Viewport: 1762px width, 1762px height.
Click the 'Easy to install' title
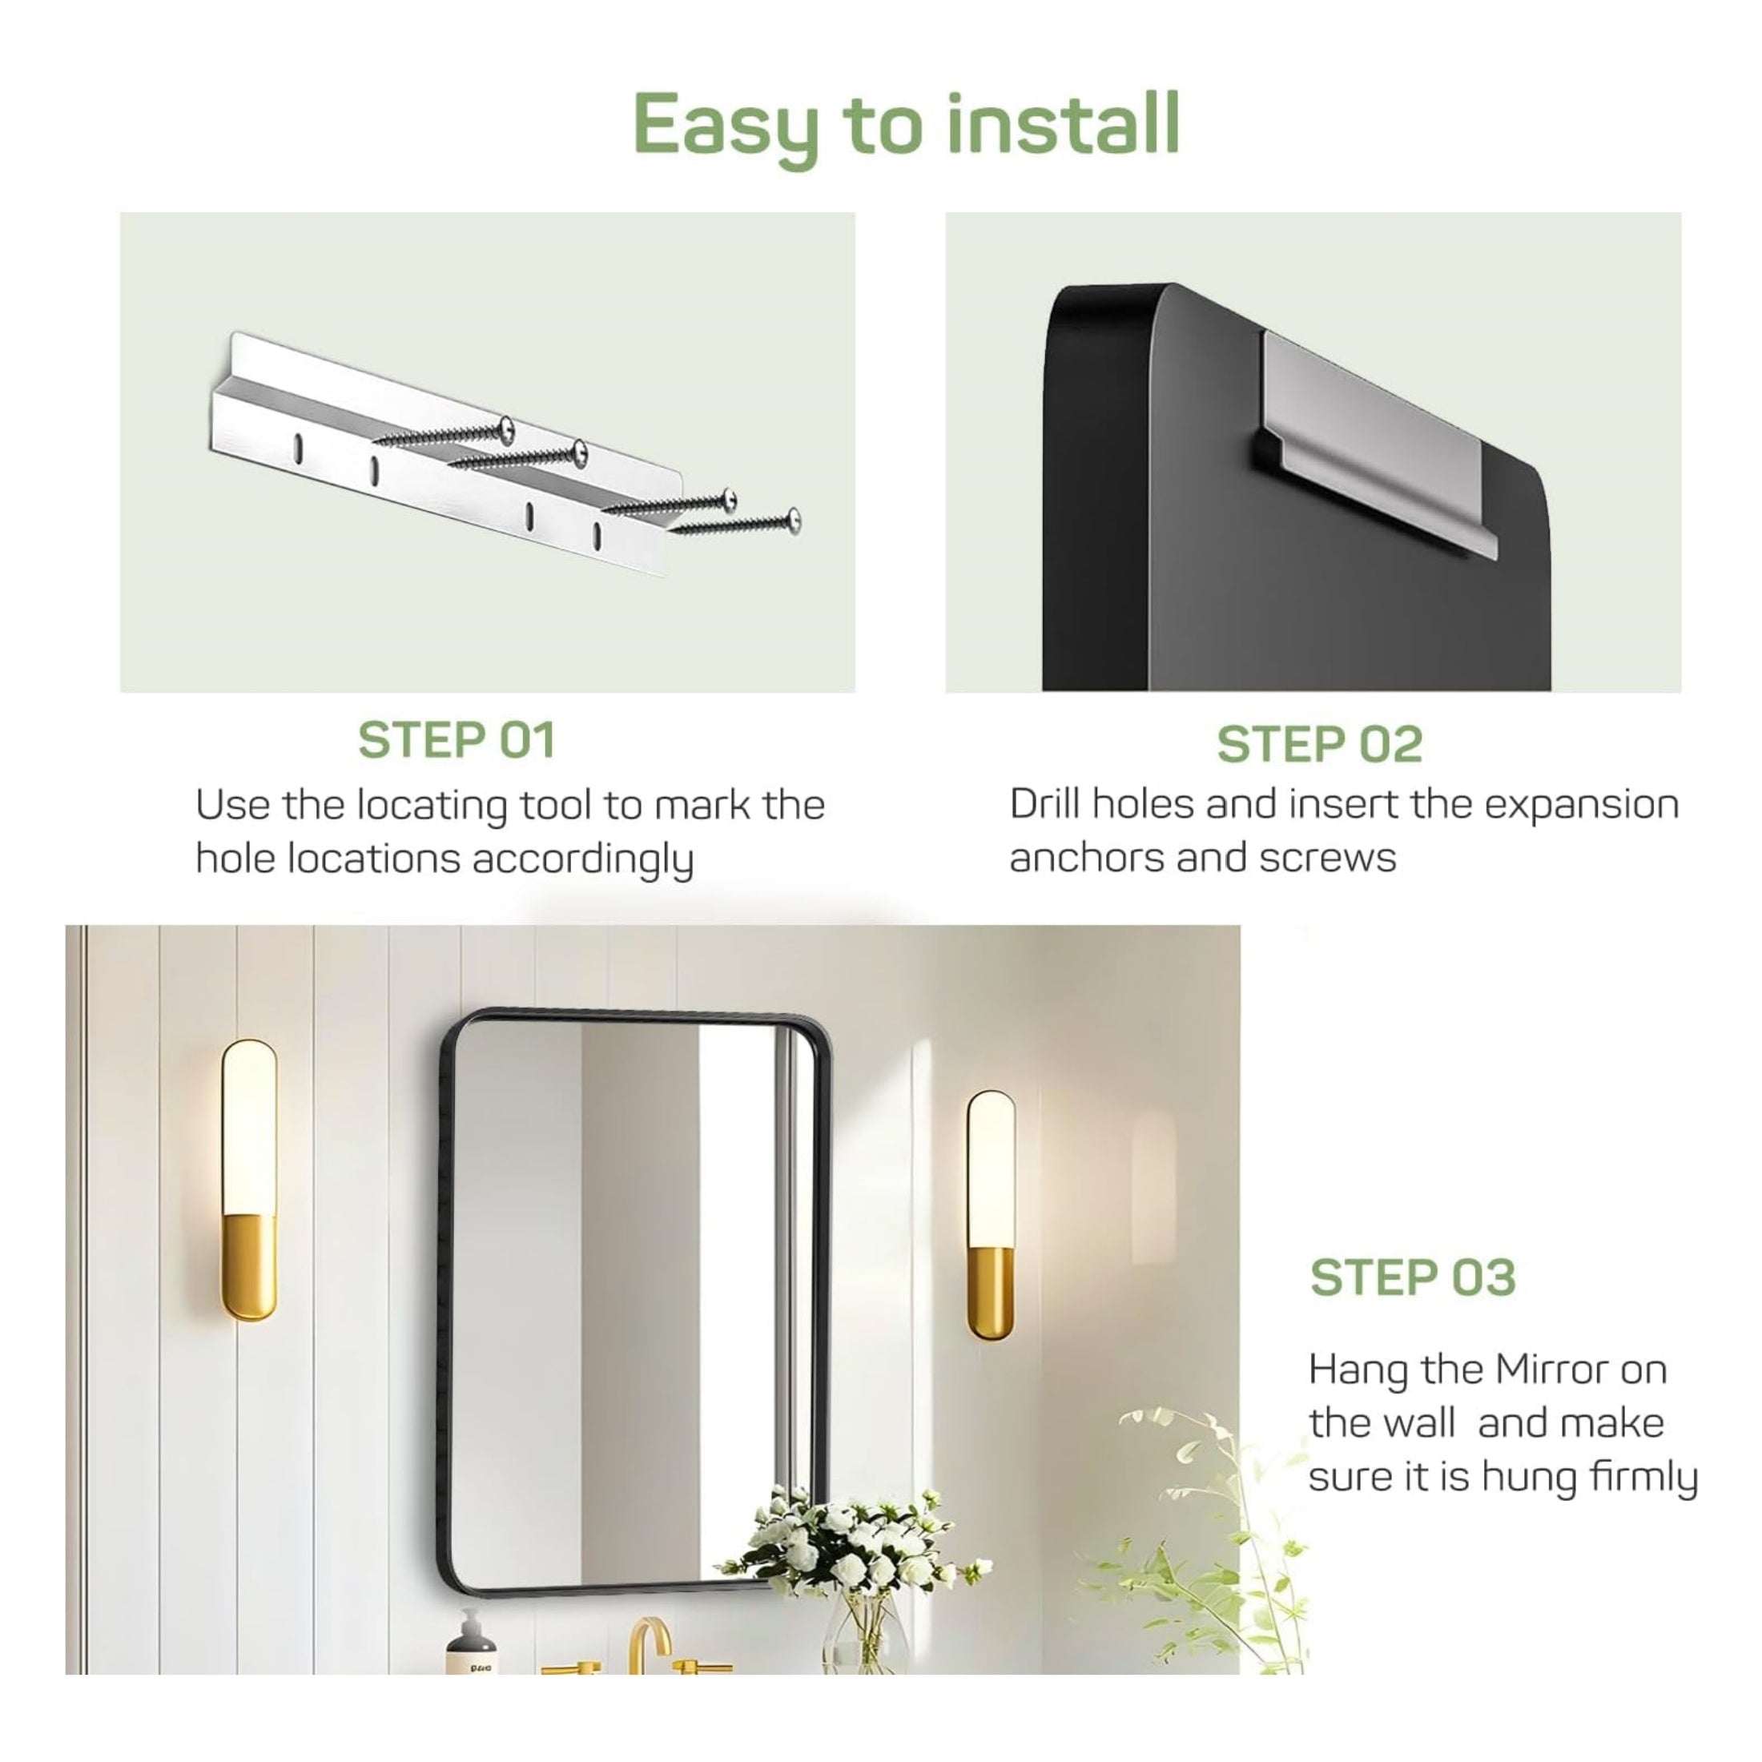point(907,127)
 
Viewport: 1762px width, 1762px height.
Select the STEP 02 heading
point(1320,744)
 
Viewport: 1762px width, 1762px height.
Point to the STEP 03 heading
point(1413,1277)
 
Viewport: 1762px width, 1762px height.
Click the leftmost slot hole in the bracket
point(297,446)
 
